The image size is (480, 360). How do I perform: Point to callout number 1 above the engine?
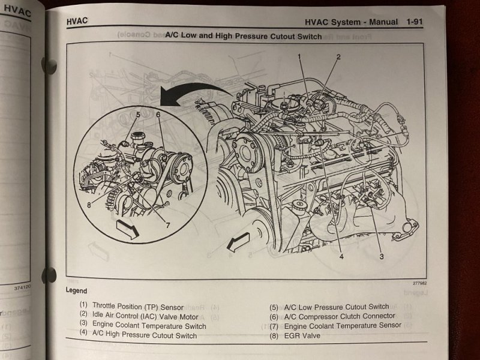[298, 56]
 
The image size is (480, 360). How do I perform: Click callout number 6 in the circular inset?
[158, 114]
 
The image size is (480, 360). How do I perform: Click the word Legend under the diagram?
[79, 290]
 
